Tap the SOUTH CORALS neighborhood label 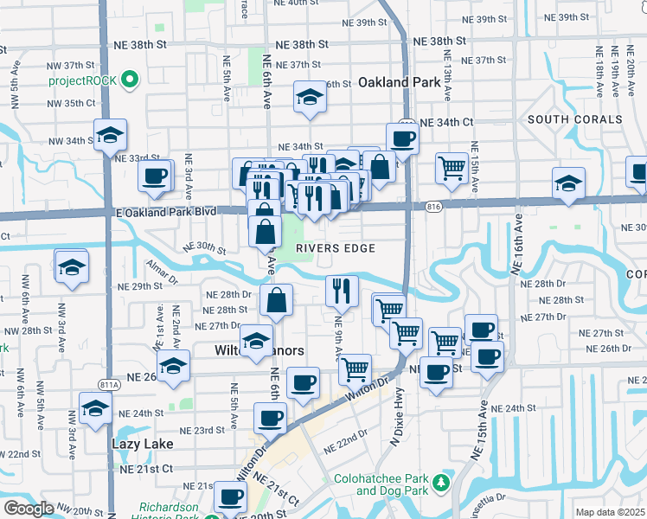(574, 119)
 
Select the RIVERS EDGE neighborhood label (336, 248)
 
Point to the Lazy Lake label (142, 444)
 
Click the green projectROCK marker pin (131, 81)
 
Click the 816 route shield (434, 206)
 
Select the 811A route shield (109, 385)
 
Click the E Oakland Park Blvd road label (165, 212)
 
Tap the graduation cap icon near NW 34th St (111, 135)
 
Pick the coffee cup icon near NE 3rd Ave (156, 176)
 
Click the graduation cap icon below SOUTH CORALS (568, 183)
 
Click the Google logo (29, 509)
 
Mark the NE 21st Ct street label (146, 468)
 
